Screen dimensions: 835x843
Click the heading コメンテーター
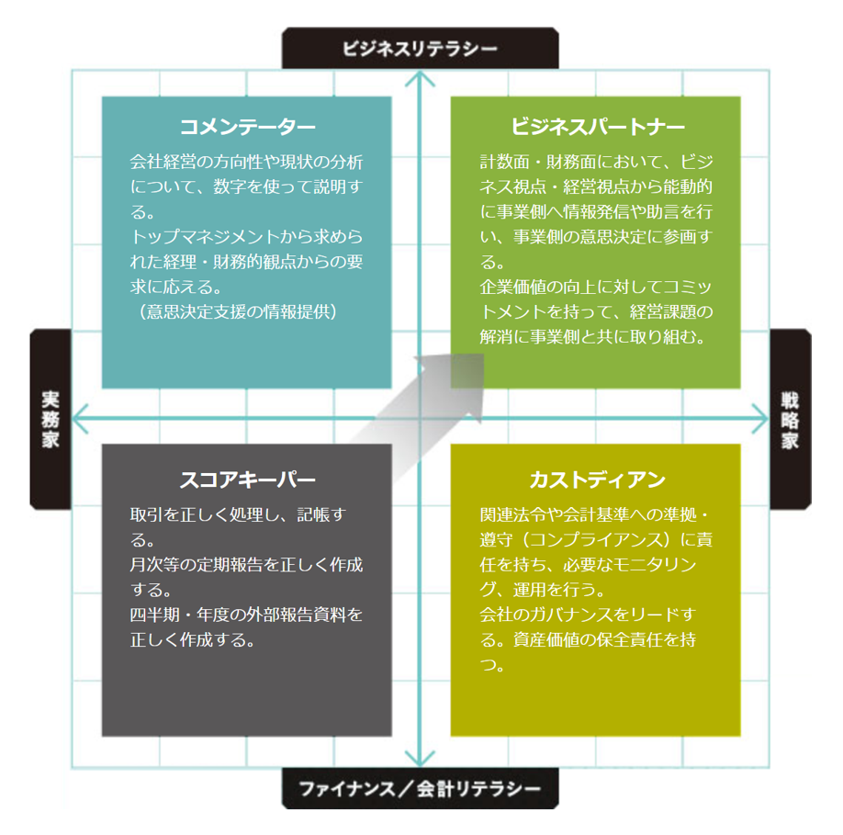pyautogui.click(x=247, y=127)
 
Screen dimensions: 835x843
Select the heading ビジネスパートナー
pyautogui.click(x=597, y=127)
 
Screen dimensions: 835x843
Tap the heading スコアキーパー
pyautogui.click(x=247, y=480)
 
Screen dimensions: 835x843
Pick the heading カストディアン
pyautogui.click(x=597, y=480)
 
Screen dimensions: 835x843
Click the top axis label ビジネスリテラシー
pyautogui.click(x=420, y=48)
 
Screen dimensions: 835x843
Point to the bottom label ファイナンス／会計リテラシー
pyautogui.click(x=420, y=788)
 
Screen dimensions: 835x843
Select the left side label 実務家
pyautogui.click(x=50, y=420)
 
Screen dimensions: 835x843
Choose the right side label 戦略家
pyautogui.click(x=790, y=420)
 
